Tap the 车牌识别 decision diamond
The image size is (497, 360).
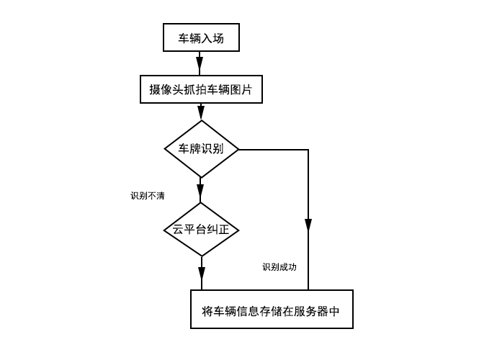[201, 150]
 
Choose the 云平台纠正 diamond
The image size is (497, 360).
[201, 230]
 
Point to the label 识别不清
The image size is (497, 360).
[147, 196]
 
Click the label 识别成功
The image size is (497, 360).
[279, 267]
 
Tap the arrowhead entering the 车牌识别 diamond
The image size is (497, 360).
[201, 112]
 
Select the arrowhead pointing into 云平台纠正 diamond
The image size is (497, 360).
[201, 192]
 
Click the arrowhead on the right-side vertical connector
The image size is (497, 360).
[308, 225]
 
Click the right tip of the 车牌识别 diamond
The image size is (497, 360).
[238, 150]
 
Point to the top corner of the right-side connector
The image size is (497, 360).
[308, 150]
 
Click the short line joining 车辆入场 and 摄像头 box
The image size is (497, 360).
[201, 63]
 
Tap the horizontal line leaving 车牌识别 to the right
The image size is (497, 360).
[274, 150]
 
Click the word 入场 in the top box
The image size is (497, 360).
[213, 38]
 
